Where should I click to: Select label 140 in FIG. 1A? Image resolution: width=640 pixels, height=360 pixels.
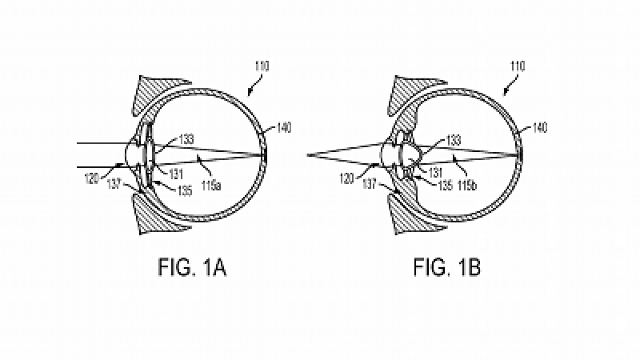[283, 126]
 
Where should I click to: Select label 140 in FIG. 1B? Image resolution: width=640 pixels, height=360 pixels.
[539, 126]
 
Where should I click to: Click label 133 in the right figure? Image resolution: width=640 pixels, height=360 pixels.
[454, 140]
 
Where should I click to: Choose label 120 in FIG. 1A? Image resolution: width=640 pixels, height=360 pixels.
[91, 179]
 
